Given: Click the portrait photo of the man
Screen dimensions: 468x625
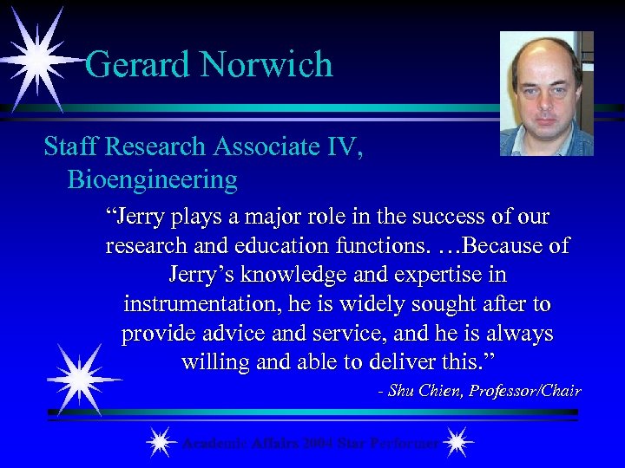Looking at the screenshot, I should [x=546, y=94].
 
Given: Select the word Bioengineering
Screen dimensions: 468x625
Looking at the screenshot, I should [x=152, y=179].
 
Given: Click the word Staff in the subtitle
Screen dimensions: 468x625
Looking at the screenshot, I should [x=70, y=146].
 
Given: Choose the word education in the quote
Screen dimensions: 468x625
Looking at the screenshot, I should [x=267, y=245].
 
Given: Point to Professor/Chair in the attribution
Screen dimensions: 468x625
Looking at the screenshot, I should [x=525, y=391].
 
